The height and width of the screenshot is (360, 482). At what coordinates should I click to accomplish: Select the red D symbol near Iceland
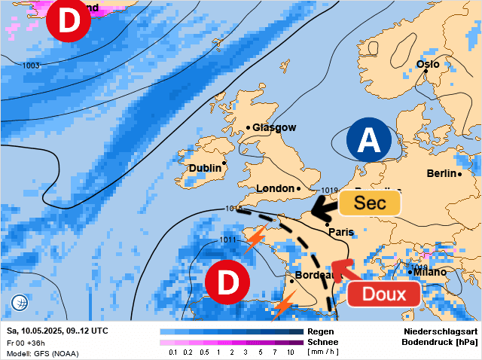(69, 22)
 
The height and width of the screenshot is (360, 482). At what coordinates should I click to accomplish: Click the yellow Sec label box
(370, 203)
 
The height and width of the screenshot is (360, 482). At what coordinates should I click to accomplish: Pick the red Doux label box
(384, 294)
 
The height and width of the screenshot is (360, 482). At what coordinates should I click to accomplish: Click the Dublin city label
(205, 168)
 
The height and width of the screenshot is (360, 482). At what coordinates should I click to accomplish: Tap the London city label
(275, 188)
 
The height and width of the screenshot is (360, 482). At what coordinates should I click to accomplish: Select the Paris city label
(342, 233)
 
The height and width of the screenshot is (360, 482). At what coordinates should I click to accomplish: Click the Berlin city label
(442, 173)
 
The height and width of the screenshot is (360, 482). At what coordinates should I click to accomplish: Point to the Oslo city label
(428, 64)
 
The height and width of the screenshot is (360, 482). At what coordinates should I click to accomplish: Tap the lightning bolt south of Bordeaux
(284, 306)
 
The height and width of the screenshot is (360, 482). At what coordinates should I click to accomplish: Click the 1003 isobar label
(31, 66)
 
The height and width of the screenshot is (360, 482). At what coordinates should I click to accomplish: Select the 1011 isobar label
(228, 240)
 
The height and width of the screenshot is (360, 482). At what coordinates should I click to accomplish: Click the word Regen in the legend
(320, 331)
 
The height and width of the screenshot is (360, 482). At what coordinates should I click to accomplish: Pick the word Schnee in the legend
(322, 342)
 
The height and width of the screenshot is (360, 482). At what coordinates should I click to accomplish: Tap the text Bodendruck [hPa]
(441, 342)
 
